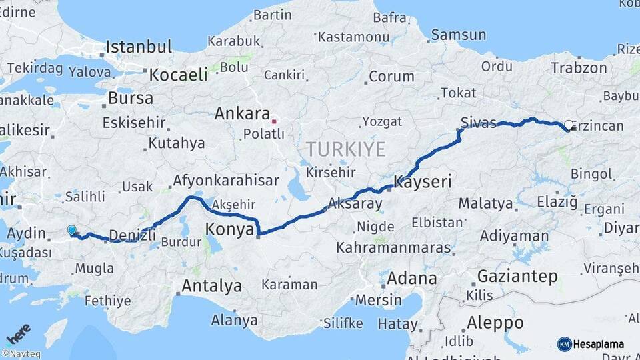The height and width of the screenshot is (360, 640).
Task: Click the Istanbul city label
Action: tap(139, 47)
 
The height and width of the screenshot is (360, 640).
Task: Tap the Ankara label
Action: tap(242, 114)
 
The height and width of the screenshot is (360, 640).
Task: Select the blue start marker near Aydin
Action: tap(71, 230)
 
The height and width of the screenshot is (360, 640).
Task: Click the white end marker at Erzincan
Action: tap(569, 125)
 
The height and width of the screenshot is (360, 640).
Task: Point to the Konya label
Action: tap(230, 229)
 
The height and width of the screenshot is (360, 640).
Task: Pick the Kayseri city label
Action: tap(423, 181)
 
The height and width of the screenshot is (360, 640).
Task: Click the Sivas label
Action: tap(479, 123)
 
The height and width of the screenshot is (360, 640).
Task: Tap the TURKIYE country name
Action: tap(345, 149)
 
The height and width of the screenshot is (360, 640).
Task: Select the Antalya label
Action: tap(211, 287)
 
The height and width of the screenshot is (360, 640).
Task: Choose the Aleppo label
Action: tap(494, 323)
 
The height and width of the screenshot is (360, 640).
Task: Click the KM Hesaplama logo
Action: tap(591, 344)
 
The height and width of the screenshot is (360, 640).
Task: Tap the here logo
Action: tap(18, 333)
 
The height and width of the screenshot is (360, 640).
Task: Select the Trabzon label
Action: tap(578, 68)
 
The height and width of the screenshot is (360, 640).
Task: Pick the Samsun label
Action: tap(458, 35)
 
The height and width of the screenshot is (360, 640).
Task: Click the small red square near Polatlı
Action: tap(274, 122)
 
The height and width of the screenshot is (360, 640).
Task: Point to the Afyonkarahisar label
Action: tap(226, 181)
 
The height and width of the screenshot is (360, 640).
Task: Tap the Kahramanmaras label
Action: tap(393, 247)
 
